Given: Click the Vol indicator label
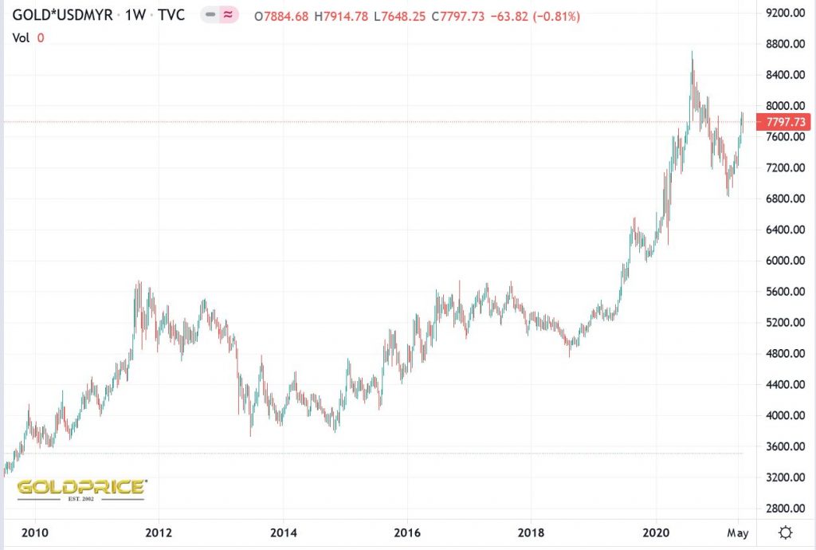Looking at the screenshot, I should (x=23, y=37).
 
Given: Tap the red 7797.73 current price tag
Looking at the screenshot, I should (x=784, y=122).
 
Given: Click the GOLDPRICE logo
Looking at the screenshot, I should (x=81, y=488).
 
